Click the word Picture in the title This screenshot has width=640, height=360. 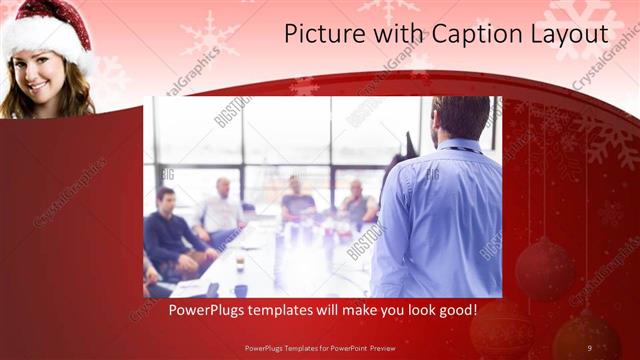(318, 33)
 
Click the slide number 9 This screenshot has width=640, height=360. (589, 347)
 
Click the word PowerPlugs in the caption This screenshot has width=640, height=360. (204, 310)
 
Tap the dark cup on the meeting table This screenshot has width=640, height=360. (240, 290)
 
